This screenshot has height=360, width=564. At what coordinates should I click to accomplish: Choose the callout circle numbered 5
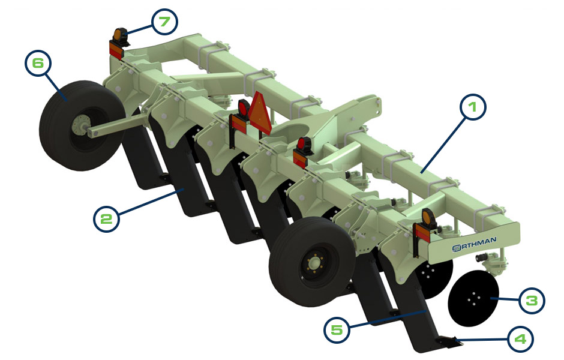336,329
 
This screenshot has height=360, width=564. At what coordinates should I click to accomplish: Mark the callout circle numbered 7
163,23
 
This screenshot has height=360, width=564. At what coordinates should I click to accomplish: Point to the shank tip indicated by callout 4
448,341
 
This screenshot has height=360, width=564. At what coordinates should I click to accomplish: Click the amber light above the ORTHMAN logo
427,217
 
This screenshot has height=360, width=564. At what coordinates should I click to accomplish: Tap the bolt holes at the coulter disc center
474,298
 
